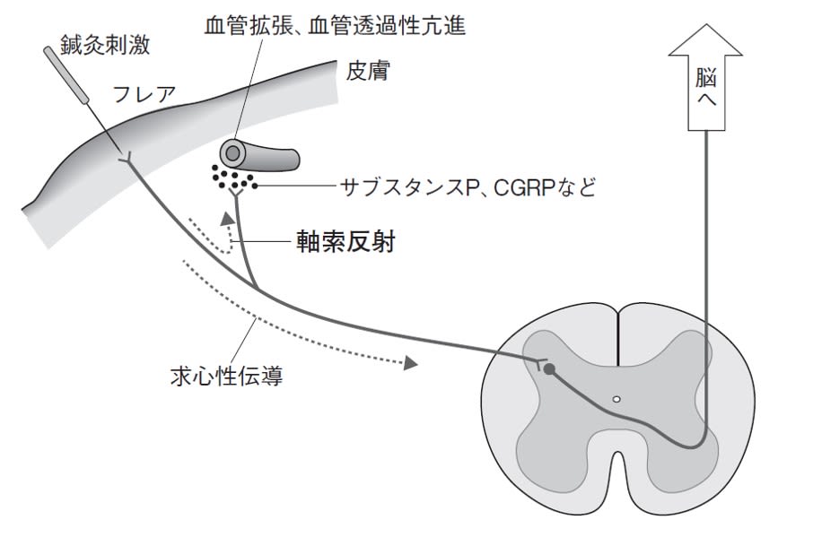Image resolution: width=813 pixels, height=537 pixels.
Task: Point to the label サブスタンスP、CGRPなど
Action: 468,187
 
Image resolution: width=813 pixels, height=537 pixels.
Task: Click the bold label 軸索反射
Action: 345,242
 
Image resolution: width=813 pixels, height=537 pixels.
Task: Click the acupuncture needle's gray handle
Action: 66,70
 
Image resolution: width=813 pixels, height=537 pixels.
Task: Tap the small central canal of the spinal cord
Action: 616,399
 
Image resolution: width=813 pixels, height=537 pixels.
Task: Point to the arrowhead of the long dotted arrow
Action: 411,363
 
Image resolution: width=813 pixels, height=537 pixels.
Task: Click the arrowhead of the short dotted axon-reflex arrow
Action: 227,217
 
